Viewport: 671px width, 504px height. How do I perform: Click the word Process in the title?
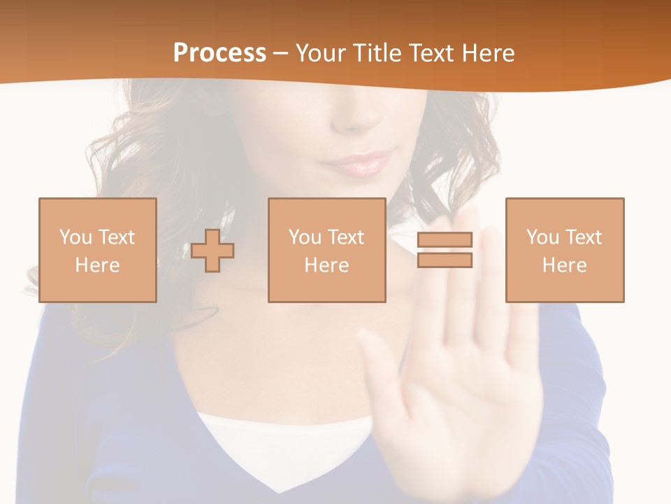tap(219, 53)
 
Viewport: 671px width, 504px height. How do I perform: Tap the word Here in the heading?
tap(487, 53)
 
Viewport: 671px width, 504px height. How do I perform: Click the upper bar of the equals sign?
tap(445, 239)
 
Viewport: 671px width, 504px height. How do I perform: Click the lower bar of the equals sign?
tap(445, 260)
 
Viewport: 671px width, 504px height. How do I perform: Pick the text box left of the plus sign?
tap(97, 250)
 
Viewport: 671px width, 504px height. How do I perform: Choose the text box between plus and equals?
tap(326, 250)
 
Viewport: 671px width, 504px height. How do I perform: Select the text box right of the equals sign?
tap(564, 250)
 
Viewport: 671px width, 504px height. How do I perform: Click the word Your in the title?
tap(321, 53)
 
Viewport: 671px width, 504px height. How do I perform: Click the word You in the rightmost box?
tap(542, 237)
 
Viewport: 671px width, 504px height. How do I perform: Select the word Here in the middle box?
tap(326, 265)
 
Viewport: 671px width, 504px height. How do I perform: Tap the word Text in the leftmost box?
tap(115, 237)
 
